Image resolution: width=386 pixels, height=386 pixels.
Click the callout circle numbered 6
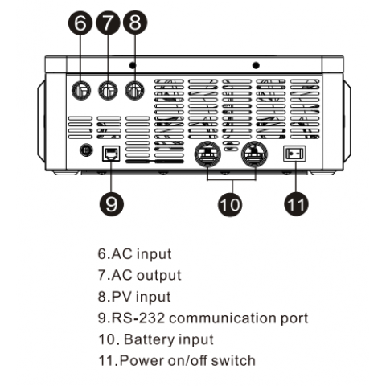coord(80,23)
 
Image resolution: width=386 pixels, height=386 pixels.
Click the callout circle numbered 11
coord(297,203)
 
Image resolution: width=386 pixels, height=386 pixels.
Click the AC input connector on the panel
coord(80,90)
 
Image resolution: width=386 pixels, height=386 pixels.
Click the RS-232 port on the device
coord(109,153)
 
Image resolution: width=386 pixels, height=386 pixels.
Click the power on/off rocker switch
coord(296,153)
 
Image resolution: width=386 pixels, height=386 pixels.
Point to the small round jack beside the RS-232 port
coord(84,150)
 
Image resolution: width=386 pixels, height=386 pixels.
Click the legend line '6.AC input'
coord(134,254)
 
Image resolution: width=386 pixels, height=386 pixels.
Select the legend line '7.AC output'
coord(139,275)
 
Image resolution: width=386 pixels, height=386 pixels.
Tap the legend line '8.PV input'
coord(134,297)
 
